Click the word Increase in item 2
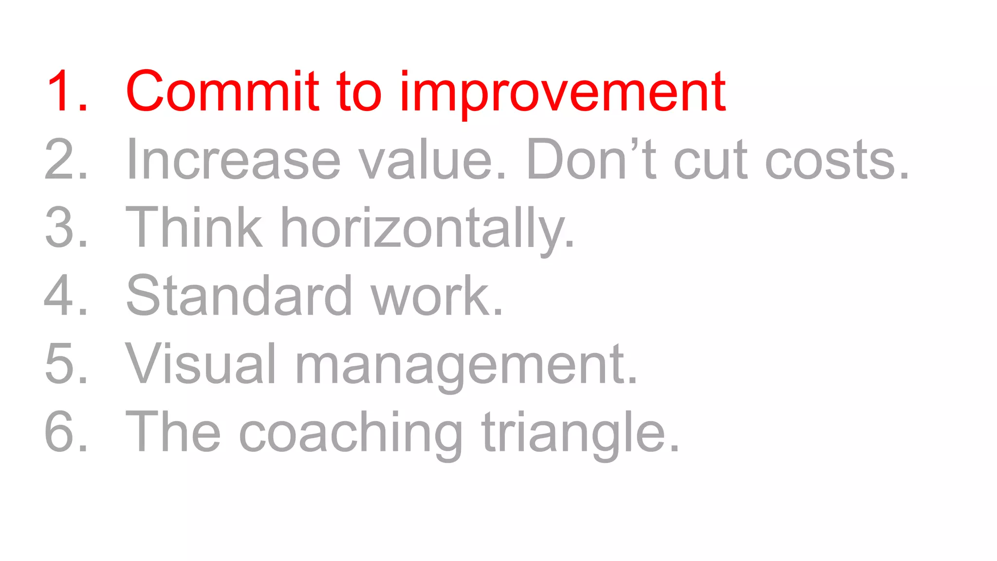point(233,159)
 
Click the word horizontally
point(427,229)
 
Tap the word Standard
point(239,296)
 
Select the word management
point(466,365)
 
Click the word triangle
point(580,433)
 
